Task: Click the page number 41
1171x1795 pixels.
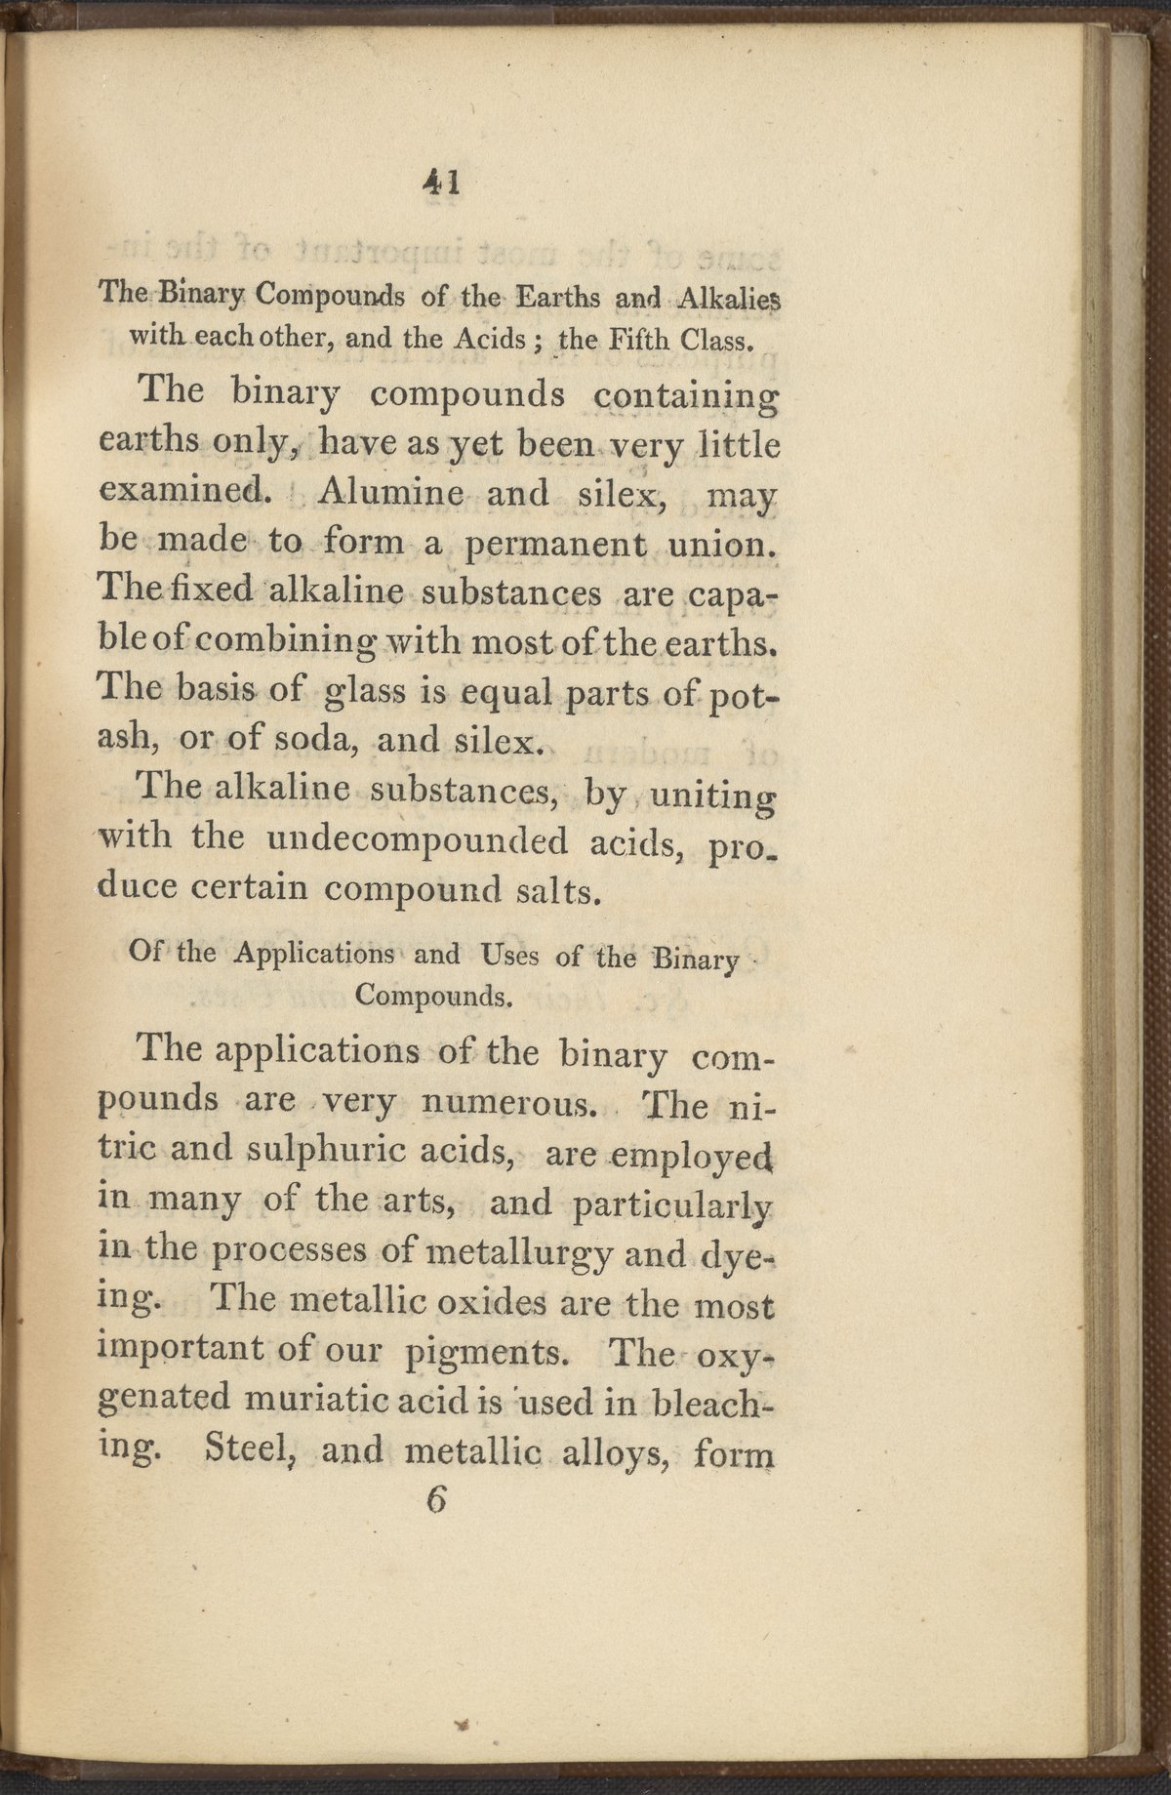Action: pyautogui.click(x=441, y=183)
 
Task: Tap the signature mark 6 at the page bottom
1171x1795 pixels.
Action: pyautogui.click(x=435, y=1500)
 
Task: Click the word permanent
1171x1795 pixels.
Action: pyautogui.click(x=554, y=544)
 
